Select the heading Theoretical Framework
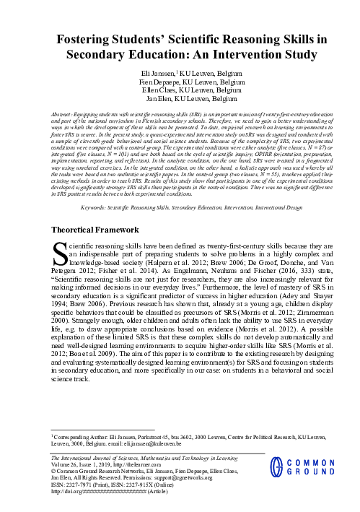[x=98, y=209]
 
